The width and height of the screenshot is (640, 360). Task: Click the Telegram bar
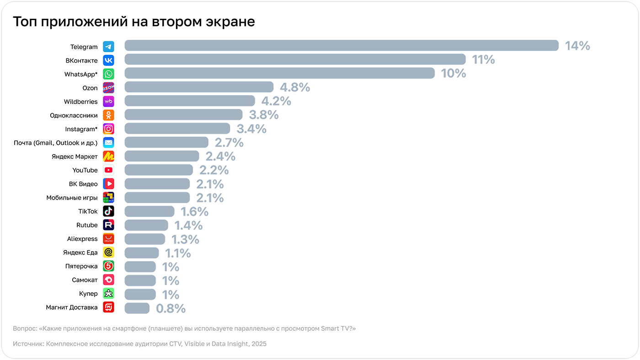tap(341, 46)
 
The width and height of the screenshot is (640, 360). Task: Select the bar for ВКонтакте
tap(295, 59)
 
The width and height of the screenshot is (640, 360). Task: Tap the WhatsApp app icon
tap(108, 74)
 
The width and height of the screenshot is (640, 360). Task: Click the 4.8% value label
tap(295, 87)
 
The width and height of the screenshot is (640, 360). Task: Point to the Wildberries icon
tap(108, 101)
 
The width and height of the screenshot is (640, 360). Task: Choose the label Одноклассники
tap(74, 116)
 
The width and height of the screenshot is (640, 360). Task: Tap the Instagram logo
tap(108, 129)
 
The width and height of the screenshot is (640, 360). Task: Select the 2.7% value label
tap(229, 143)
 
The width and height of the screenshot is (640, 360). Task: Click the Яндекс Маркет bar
tap(162, 156)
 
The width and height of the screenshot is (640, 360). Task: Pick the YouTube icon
tap(108, 170)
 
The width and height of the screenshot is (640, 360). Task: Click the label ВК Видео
tap(83, 184)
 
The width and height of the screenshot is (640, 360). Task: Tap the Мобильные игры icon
tap(108, 197)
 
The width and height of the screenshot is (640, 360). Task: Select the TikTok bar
tap(149, 211)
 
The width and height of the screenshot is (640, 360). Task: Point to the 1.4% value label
tap(189, 225)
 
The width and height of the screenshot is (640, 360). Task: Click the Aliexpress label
tap(82, 239)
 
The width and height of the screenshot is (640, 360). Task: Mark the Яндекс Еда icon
tap(108, 252)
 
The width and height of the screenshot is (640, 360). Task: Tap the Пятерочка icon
tap(108, 266)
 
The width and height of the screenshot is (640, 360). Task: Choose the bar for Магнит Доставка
tap(137, 308)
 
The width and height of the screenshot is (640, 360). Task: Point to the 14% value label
tap(577, 46)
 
